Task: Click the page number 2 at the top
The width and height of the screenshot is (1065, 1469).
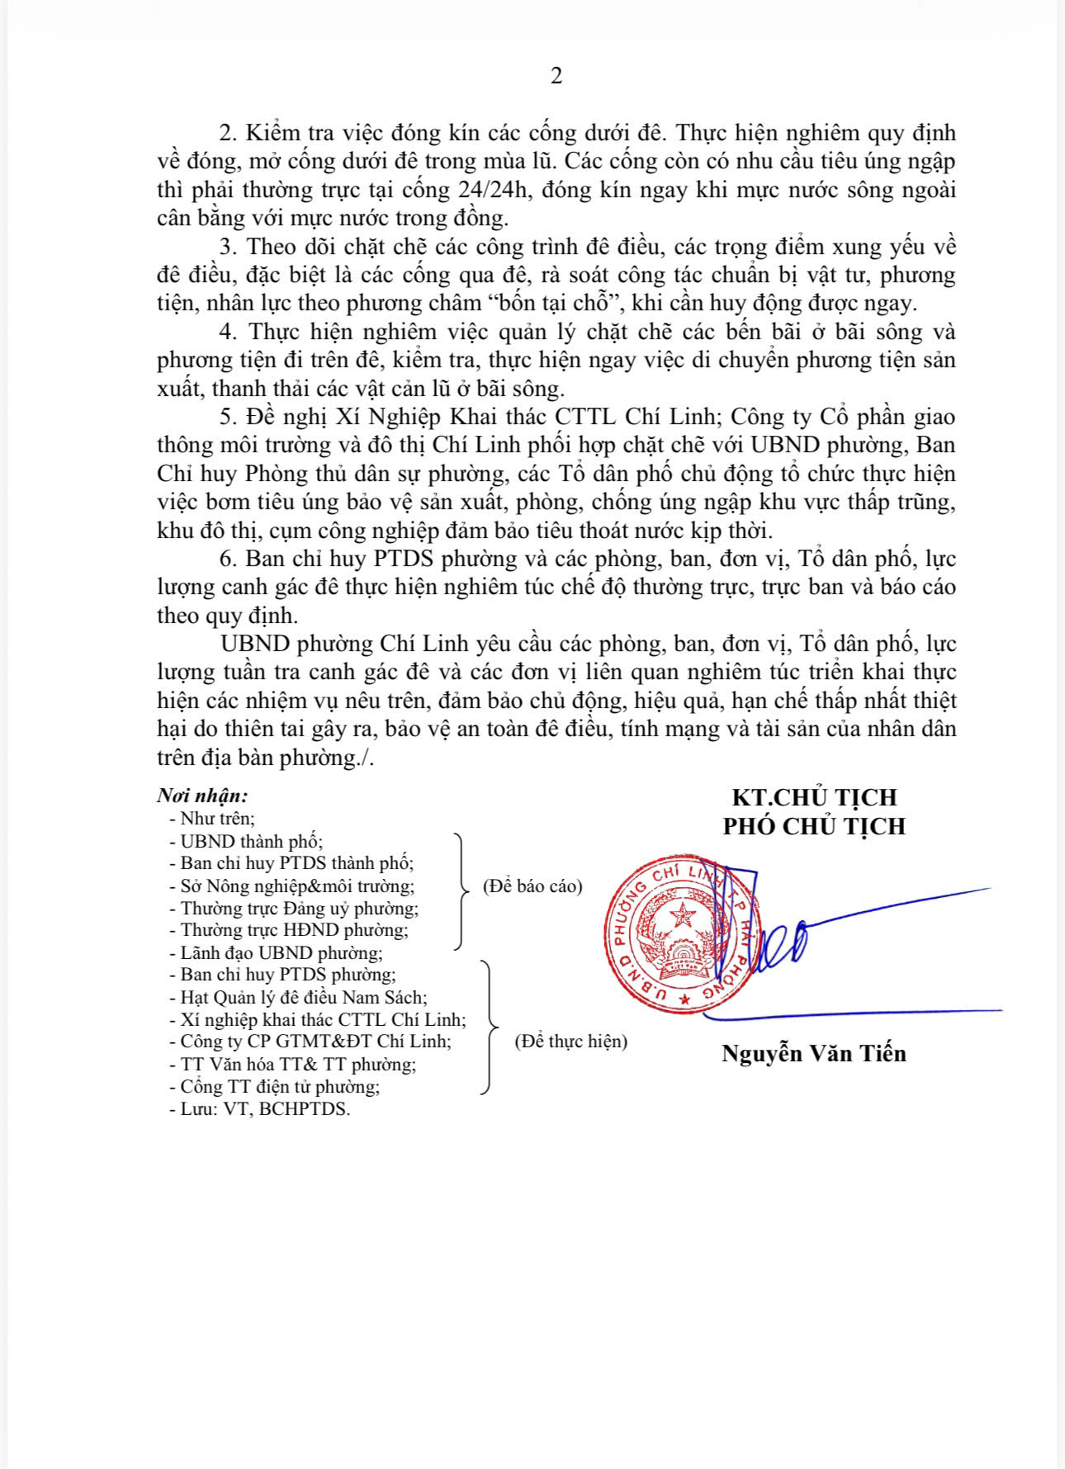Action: point(556,76)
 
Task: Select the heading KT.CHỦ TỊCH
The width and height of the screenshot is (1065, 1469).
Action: point(814,797)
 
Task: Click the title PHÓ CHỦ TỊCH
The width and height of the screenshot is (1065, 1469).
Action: point(814,826)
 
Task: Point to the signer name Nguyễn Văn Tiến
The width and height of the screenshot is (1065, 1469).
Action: point(814,1054)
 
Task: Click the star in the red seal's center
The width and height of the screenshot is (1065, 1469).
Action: point(683,914)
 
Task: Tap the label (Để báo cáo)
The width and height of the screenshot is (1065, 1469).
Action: point(532,886)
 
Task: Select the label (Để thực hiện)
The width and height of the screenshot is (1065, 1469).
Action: point(570,1042)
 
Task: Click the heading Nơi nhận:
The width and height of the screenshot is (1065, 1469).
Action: point(202,796)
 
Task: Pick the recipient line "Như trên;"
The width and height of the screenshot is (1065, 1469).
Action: point(217,819)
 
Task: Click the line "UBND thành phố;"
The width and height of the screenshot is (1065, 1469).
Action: point(251,842)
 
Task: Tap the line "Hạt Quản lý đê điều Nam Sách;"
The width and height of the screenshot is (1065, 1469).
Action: point(303,998)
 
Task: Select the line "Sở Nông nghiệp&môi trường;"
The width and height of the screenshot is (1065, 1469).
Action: point(296,886)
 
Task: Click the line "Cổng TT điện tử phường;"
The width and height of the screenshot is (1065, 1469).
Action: point(279,1087)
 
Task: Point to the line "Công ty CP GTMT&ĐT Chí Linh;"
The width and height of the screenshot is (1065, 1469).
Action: point(315,1042)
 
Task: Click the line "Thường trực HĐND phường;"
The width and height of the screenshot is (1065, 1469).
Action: point(294,930)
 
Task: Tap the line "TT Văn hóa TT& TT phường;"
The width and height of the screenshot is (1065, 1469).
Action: point(297,1065)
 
